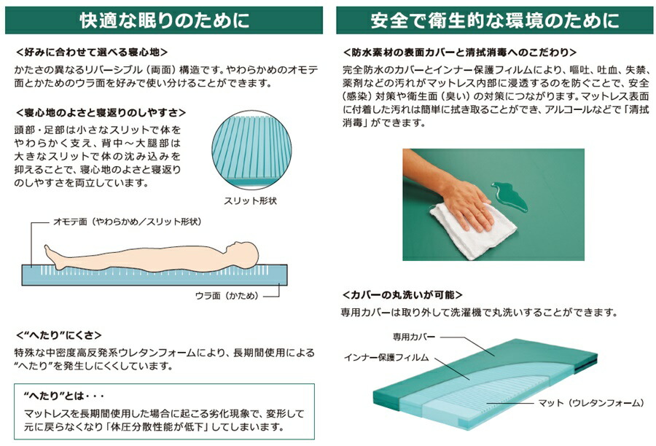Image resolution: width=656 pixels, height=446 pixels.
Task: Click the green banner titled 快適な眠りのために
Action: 164,20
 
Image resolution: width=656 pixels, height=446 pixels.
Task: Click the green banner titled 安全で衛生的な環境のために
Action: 494,20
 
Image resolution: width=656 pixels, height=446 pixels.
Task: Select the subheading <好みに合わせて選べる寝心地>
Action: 92,52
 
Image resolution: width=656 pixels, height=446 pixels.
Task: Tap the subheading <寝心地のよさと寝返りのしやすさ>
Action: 101,112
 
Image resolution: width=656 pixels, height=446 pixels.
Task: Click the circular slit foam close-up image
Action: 251,150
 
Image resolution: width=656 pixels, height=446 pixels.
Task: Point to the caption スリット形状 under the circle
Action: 250,201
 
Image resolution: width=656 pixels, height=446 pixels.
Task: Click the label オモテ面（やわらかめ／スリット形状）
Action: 127,222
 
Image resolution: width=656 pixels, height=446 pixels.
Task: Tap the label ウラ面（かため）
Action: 227,296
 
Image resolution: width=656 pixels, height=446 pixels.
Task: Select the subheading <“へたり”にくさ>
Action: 58,335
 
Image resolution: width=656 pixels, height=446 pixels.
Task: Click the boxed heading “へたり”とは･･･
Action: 63,396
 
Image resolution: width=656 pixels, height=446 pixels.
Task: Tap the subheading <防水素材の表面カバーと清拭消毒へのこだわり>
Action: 459,52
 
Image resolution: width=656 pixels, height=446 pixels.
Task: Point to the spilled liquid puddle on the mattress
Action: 509,196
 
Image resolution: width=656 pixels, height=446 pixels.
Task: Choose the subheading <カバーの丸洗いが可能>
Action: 402,295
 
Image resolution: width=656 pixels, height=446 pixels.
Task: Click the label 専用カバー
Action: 414,337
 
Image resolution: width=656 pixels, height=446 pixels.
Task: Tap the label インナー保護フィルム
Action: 386,357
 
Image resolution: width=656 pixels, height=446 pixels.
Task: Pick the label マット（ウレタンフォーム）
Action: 590,403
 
